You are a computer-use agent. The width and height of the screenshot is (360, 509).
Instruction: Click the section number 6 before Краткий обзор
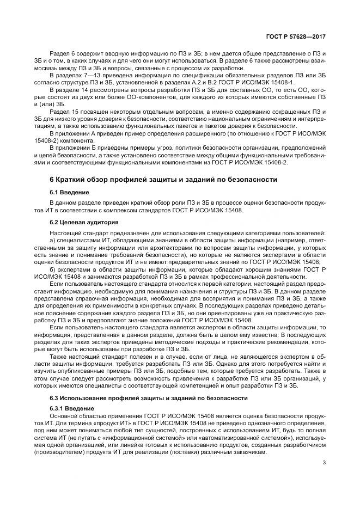click(x=52, y=180)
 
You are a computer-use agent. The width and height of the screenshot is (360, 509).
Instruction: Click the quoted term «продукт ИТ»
click(x=108, y=422)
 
